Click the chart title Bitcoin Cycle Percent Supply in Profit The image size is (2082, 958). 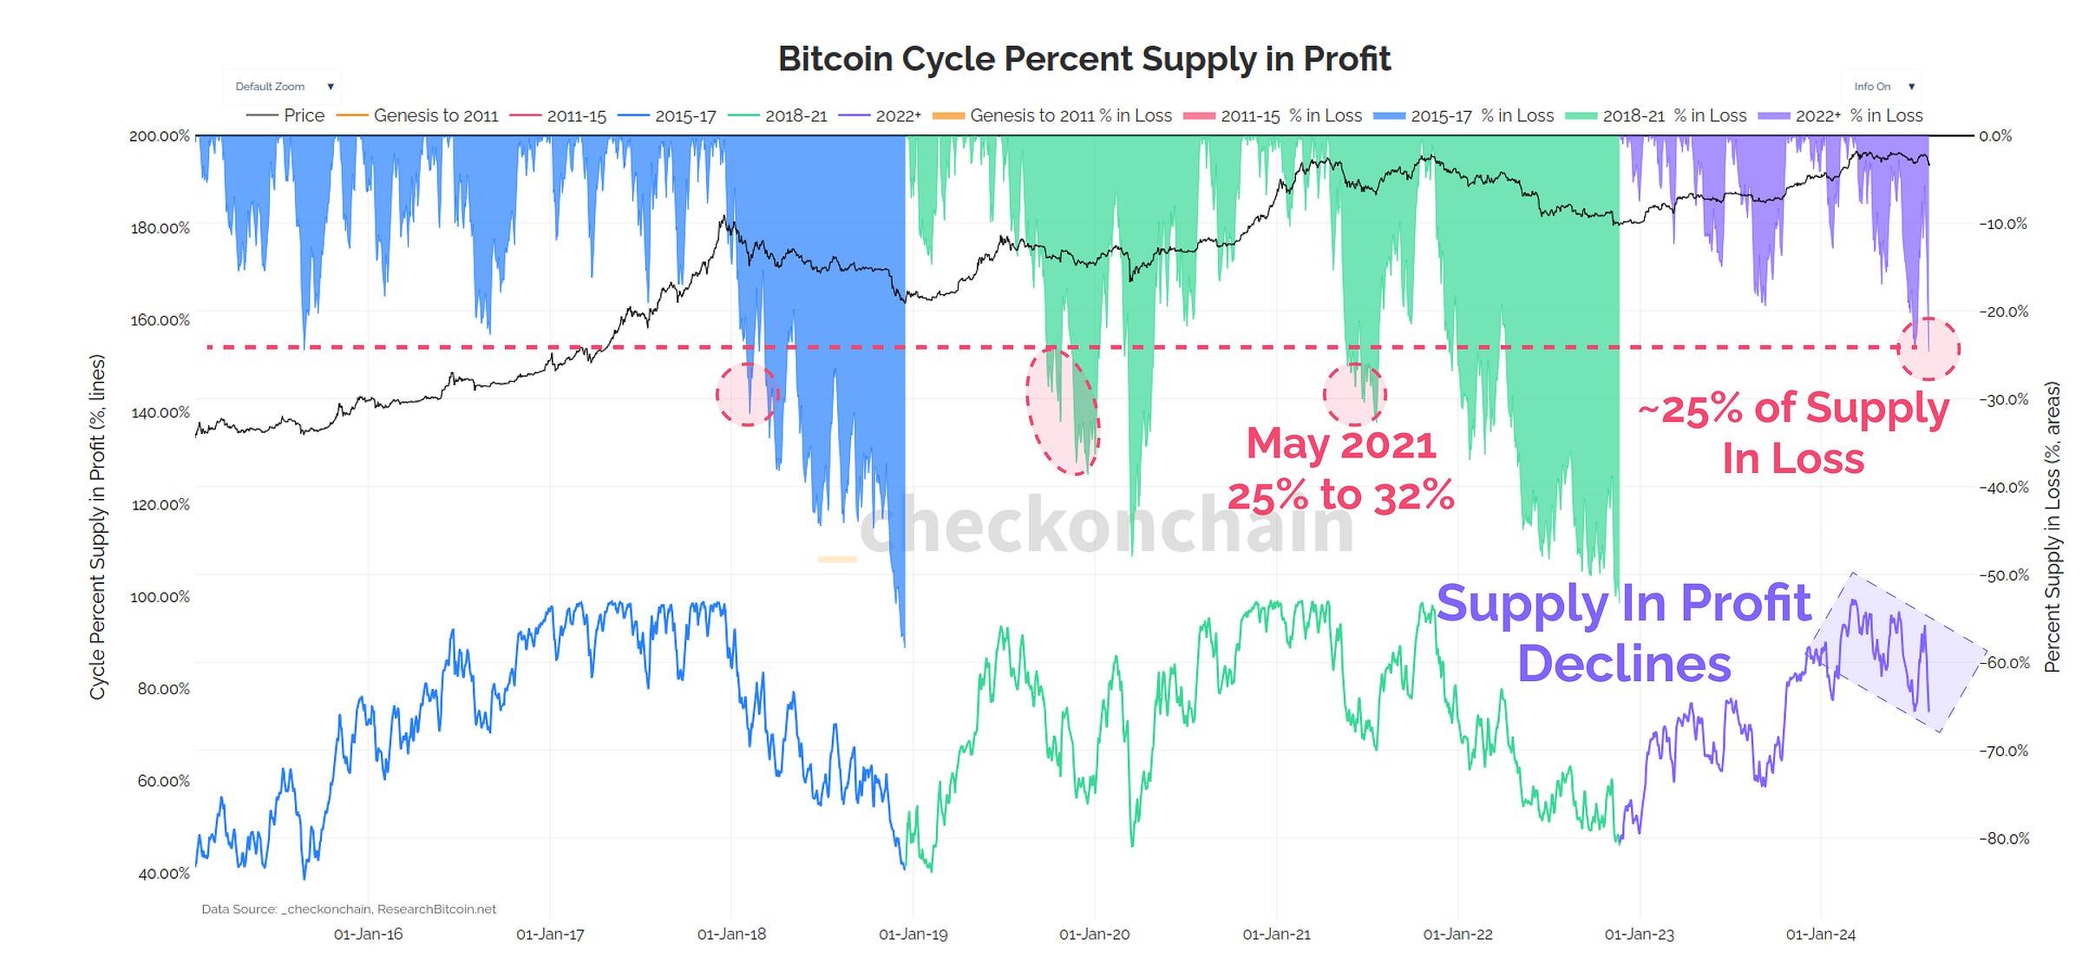click(1084, 59)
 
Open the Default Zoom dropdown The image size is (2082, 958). click(282, 87)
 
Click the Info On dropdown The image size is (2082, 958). click(1882, 87)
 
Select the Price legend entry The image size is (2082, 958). click(286, 116)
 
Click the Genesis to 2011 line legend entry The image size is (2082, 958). click(418, 116)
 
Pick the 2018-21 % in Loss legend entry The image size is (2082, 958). click(1657, 116)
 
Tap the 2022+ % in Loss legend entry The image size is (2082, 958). click(1841, 116)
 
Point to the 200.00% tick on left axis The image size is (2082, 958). click(160, 136)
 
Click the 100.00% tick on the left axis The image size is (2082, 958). click(160, 597)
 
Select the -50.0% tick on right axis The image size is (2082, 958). click(2004, 575)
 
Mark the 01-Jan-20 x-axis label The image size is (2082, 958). click(1094, 935)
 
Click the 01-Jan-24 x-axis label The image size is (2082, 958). click(1820, 935)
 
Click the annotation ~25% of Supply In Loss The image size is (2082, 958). click(1794, 432)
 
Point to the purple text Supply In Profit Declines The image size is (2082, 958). click(1624, 633)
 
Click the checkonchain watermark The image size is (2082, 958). click(1107, 525)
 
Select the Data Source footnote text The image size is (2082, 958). click(349, 909)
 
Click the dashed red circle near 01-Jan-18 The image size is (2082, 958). click(747, 395)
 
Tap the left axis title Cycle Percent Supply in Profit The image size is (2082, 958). click(97, 527)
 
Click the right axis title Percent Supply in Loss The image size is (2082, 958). click(2052, 527)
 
